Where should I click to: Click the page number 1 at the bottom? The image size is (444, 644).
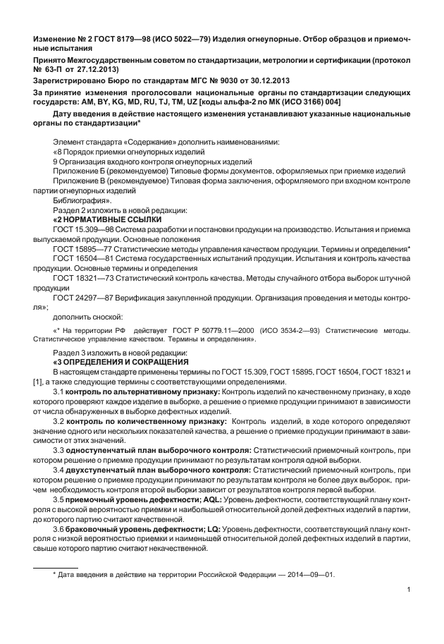coord(409,590)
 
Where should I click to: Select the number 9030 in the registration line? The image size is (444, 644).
coord(229,81)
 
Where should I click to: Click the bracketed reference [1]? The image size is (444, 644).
coord(38,381)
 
